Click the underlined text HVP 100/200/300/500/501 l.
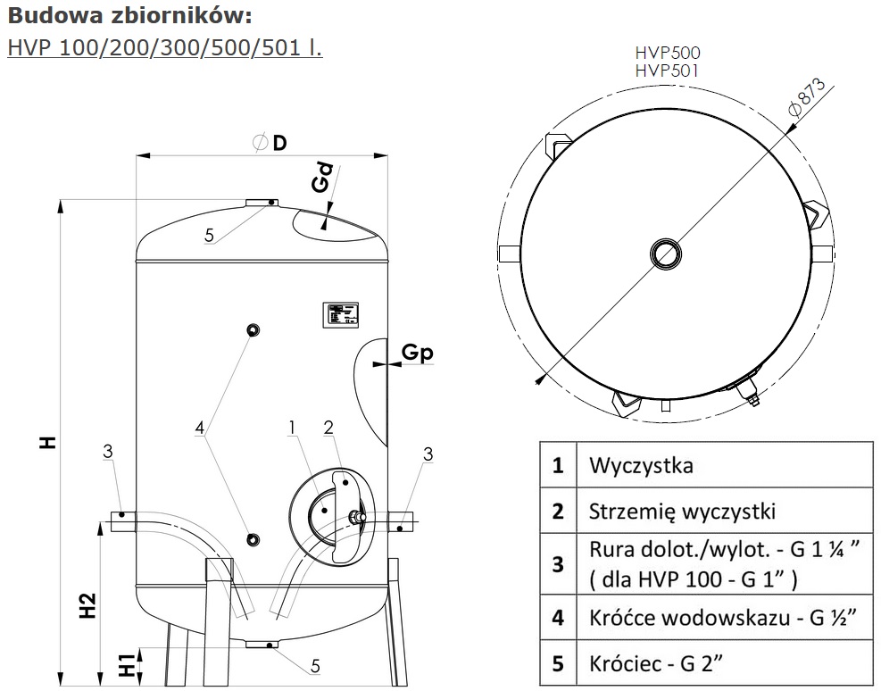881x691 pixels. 164,46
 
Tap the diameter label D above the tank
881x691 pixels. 279,143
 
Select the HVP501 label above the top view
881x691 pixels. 667,71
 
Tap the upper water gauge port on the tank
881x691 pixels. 253,331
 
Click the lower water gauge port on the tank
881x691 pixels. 253,539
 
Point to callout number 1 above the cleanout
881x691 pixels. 292,428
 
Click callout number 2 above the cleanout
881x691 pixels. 328,428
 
